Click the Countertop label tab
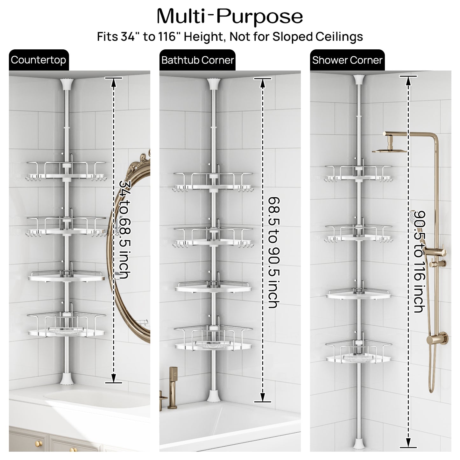click(x=39, y=60)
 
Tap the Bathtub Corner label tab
click(x=197, y=60)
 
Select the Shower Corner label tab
click(x=347, y=60)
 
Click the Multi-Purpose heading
click(x=230, y=16)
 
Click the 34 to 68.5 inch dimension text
click(x=125, y=230)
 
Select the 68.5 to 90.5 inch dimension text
click(x=274, y=252)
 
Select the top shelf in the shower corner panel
click(x=358, y=173)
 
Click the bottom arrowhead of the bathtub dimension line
click(x=263, y=397)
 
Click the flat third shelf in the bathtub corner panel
click(x=213, y=288)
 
